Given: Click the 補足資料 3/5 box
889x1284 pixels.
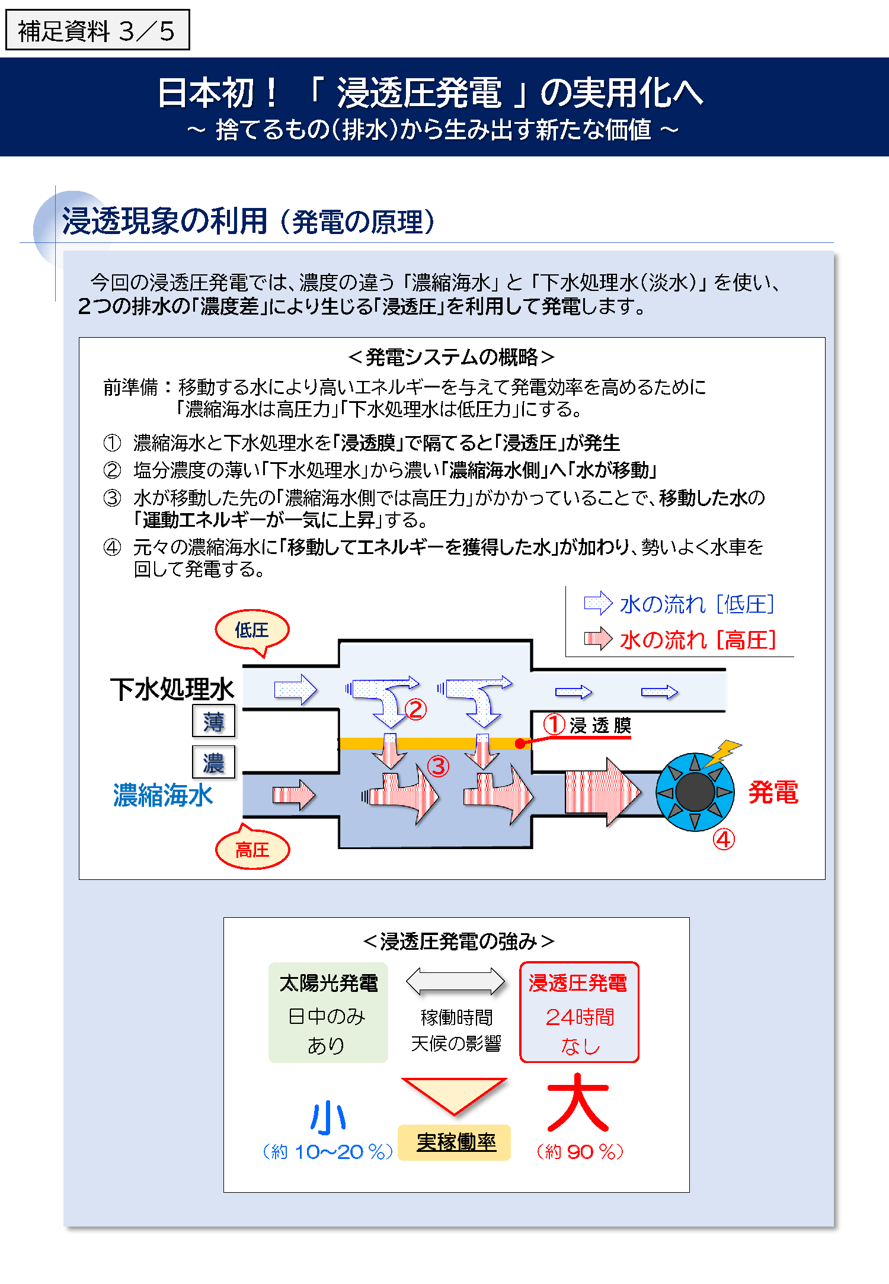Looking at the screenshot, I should (x=97, y=30).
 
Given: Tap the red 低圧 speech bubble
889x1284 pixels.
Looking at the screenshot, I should (x=252, y=630).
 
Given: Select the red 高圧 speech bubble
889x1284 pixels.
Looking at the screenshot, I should (x=252, y=850).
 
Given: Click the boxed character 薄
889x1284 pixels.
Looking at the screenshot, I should (x=213, y=721).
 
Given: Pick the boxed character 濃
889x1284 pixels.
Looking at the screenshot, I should (x=213, y=763).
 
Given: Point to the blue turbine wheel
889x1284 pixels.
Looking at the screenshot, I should (x=695, y=792).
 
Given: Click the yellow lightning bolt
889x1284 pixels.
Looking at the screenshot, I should (x=722, y=751).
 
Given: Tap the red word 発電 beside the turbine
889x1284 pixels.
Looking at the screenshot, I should (x=773, y=792).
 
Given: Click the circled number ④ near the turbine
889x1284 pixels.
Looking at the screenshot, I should (x=724, y=839).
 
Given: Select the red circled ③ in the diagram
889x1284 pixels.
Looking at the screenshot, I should (x=438, y=766).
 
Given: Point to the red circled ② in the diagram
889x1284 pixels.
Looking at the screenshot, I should (x=415, y=709).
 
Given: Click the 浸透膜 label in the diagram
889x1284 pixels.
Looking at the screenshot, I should (x=600, y=725).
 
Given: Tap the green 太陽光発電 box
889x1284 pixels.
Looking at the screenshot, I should (x=328, y=1012).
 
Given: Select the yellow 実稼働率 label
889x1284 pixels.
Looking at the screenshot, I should (x=455, y=1142).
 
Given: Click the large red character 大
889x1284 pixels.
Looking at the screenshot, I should (x=578, y=1103).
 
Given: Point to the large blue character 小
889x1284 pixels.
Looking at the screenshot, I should (x=328, y=1117).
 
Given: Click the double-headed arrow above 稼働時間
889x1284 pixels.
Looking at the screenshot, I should (x=455, y=981).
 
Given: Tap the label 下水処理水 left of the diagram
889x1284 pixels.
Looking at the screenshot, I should (x=172, y=689).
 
